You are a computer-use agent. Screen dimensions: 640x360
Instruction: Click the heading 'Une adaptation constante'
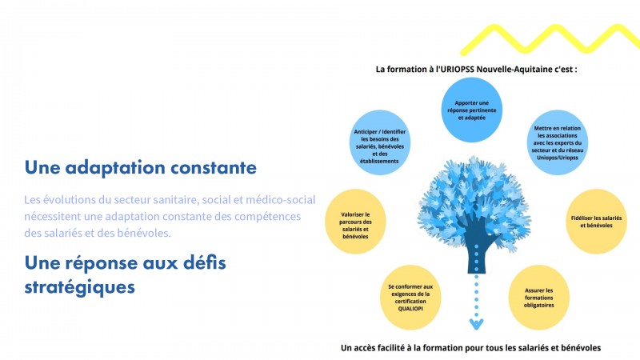click(141, 168)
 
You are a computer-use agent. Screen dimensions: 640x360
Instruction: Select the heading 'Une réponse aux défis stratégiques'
click(125, 274)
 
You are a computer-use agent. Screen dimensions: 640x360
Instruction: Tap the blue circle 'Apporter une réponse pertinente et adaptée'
click(471, 110)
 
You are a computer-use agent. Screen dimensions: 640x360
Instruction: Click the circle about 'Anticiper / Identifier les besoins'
click(379, 142)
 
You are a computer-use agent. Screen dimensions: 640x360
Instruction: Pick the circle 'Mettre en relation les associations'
click(557, 142)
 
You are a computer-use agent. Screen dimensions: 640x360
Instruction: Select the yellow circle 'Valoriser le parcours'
click(355, 222)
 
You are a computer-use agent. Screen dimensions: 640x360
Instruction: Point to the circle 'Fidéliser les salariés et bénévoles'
click(596, 222)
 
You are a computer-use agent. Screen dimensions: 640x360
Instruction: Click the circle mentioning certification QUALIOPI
click(410, 298)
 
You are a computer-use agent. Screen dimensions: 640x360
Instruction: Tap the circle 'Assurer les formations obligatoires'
click(538, 298)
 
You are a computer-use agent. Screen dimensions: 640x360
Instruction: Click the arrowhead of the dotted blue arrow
click(476, 325)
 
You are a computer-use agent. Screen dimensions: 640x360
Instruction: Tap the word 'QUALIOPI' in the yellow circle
click(410, 309)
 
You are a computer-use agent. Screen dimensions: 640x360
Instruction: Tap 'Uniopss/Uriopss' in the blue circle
click(557, 158)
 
